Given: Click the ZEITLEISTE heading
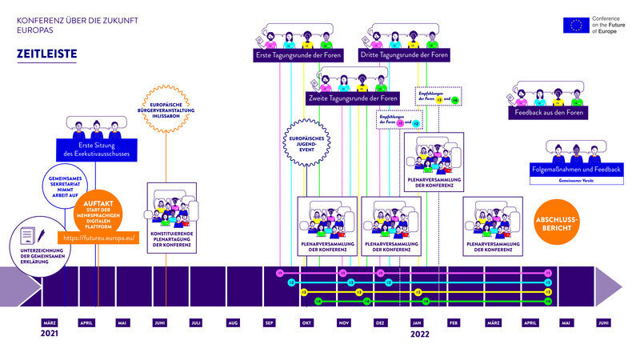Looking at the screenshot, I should tap(46, 54).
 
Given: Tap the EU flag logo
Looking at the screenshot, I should tap(574, 25).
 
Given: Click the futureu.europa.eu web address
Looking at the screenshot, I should tap(98, 238).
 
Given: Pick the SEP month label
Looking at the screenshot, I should tap(270, 322).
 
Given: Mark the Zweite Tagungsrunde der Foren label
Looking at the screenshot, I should tap(353, 98).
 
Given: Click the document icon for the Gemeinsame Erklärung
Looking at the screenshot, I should tap(27, 236).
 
